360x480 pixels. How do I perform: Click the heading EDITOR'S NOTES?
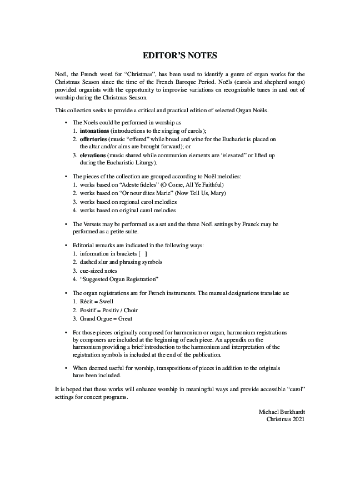click(180, 56)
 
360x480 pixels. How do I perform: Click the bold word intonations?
click(94, 130)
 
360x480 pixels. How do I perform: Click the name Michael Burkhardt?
click(282, 411)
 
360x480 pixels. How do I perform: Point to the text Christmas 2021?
click(286, 419)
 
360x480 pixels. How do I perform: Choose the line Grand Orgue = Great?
click(106, 319)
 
